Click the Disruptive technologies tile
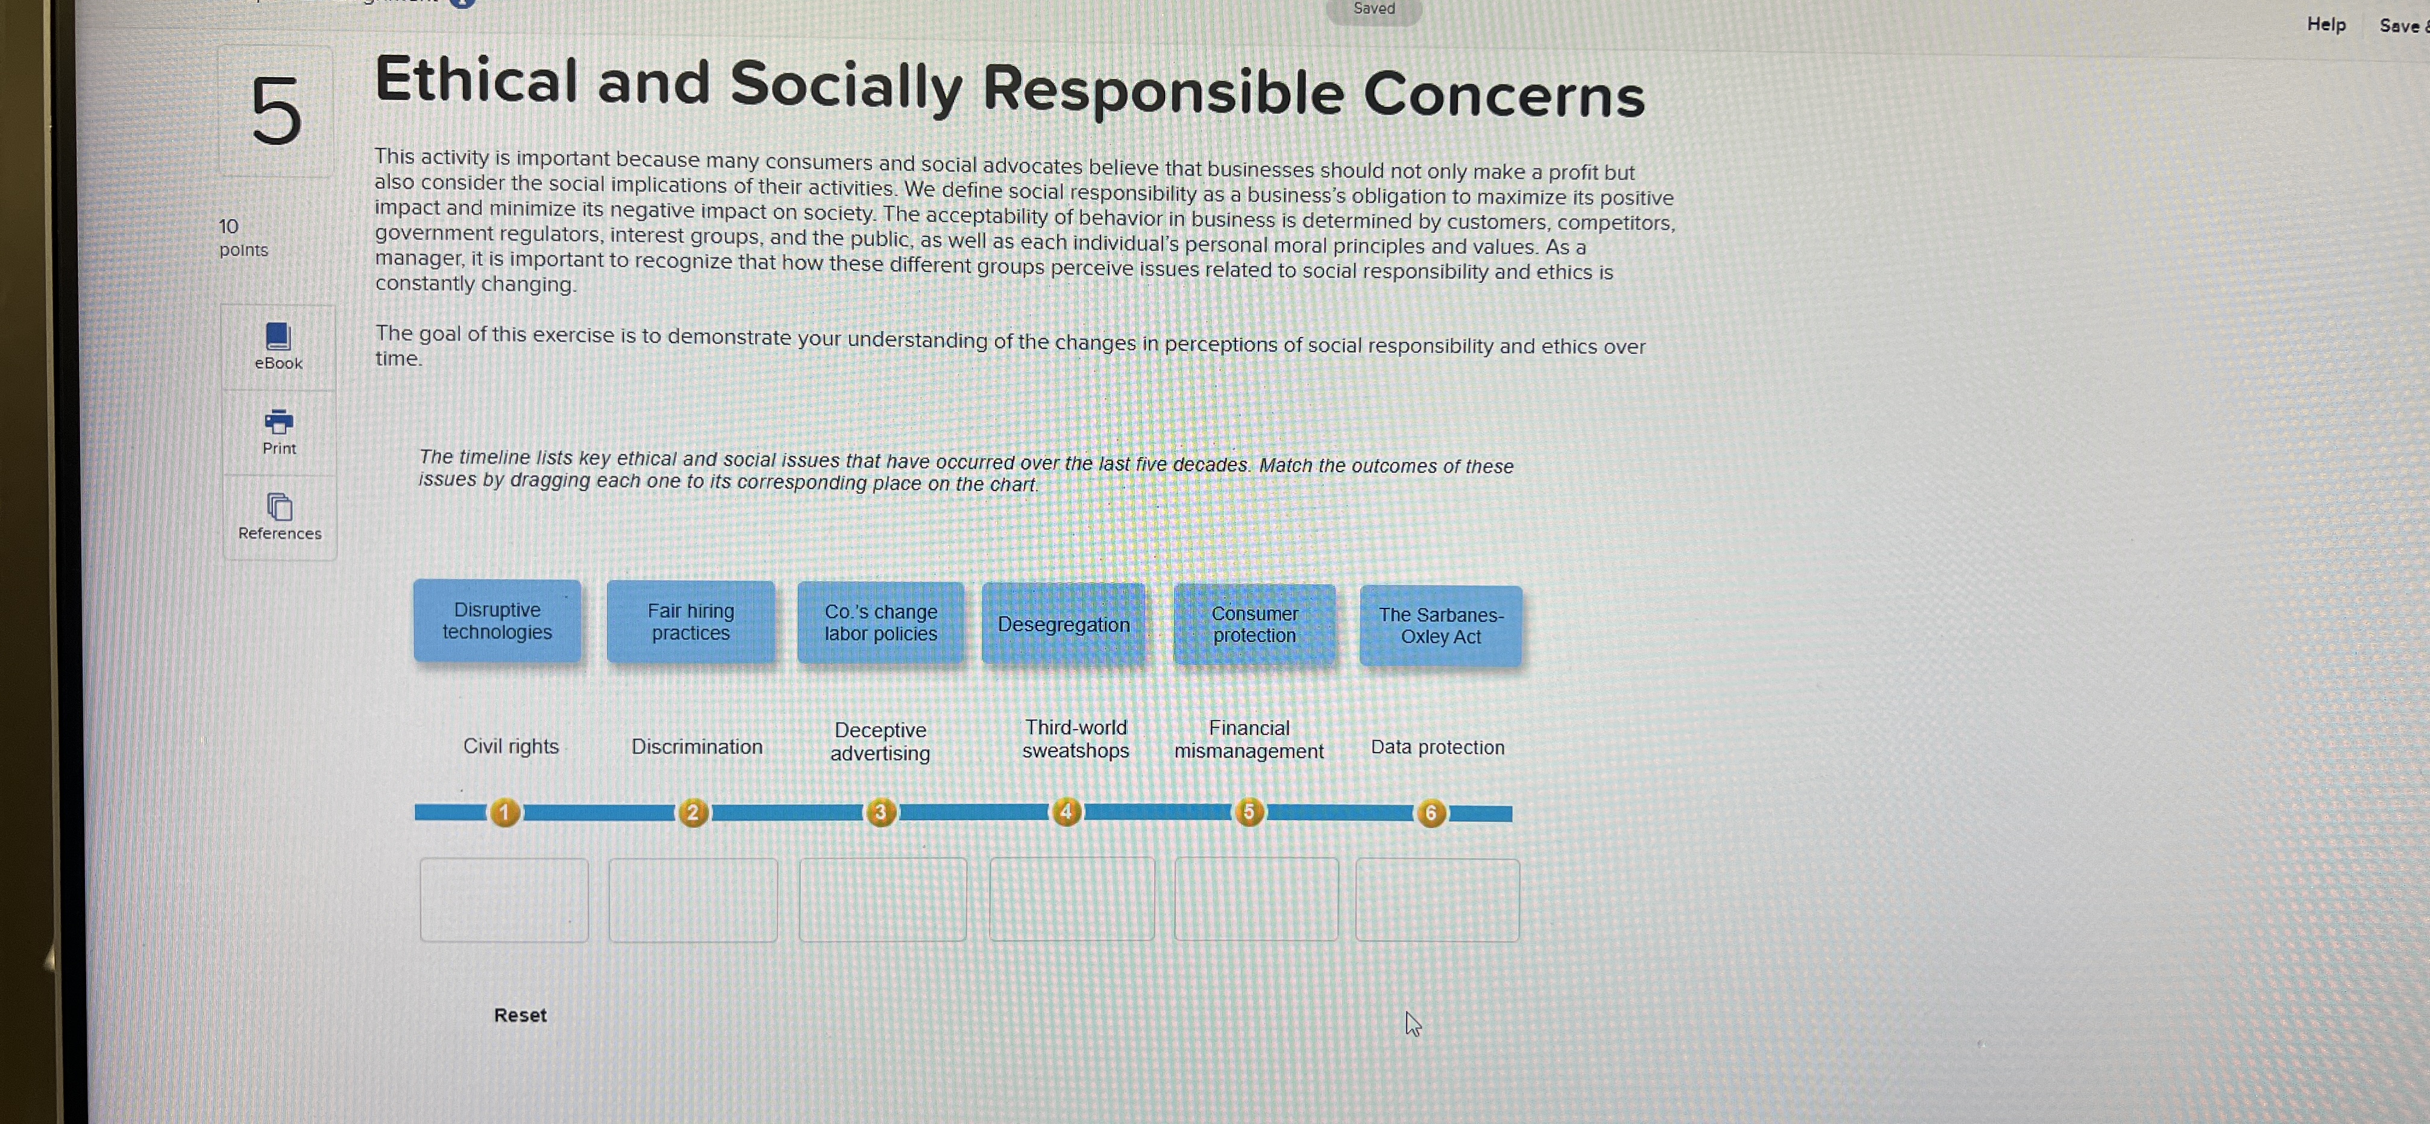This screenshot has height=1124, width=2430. click(497, 621)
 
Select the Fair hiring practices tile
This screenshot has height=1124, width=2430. click(691, 622)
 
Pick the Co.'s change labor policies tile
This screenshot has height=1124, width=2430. click(880, 623)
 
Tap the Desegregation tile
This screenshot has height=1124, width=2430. click(1063, 625)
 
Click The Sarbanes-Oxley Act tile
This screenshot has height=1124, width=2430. click(1440, 626)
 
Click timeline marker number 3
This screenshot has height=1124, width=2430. click(880, 812)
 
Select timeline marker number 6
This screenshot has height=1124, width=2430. click(1431, 813)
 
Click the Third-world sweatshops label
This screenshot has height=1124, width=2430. click(1075, 739)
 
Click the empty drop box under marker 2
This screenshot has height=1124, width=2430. click(693, 900)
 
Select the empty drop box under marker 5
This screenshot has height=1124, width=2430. click(1255, 898)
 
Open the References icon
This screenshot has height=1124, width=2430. click(279, 508)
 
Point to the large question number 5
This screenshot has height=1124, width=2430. click(275, 112)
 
